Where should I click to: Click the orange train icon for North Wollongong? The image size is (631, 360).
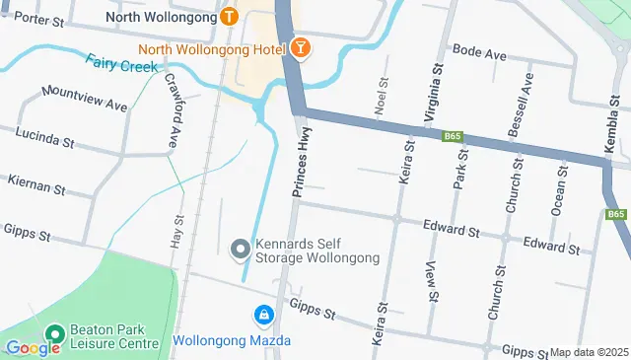click(x=230, y=17)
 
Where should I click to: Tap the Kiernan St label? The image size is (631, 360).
click(x=35, y=182)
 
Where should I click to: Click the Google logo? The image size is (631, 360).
click(x=34, y=347)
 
